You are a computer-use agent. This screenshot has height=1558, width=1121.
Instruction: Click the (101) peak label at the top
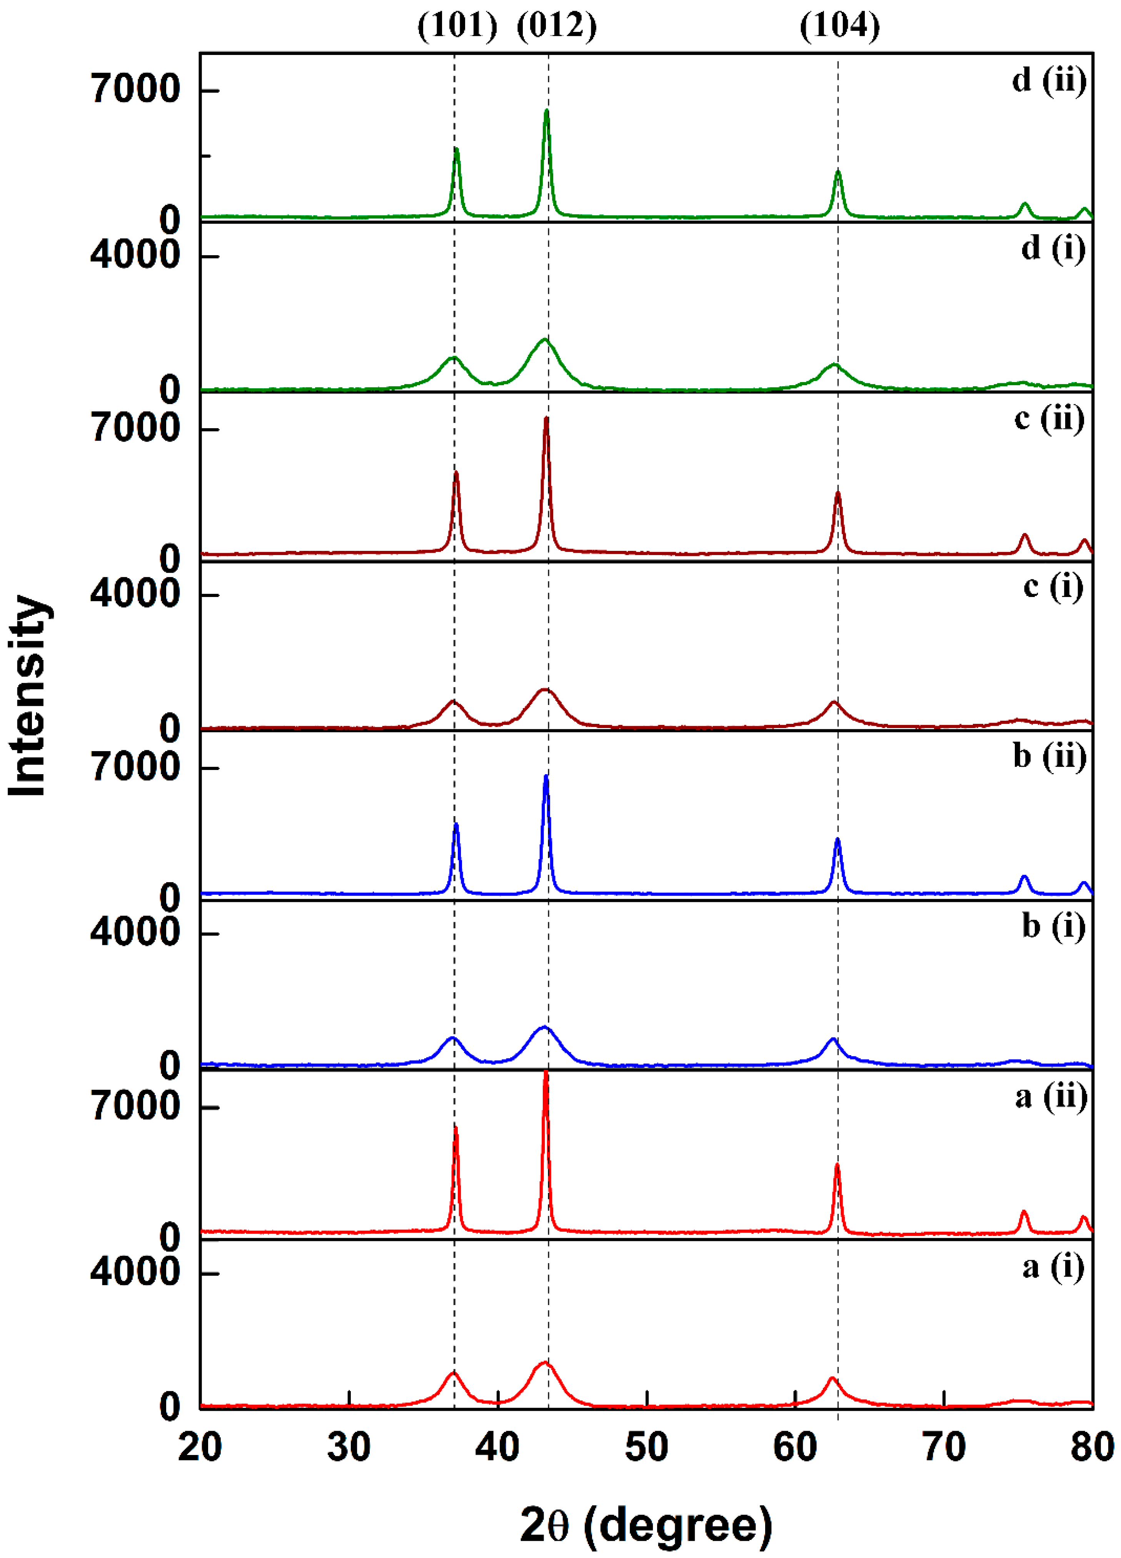click(457, 26)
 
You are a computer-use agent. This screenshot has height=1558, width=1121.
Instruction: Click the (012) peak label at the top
click(557, 26)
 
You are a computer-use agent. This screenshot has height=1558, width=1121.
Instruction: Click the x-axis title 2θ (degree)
click(646, 1525)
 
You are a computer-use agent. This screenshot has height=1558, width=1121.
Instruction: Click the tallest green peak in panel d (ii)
click(546, 111)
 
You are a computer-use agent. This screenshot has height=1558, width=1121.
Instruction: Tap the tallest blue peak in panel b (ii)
click(546, 777)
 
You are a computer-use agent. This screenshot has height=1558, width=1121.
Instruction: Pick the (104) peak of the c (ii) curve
click(838, 493)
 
